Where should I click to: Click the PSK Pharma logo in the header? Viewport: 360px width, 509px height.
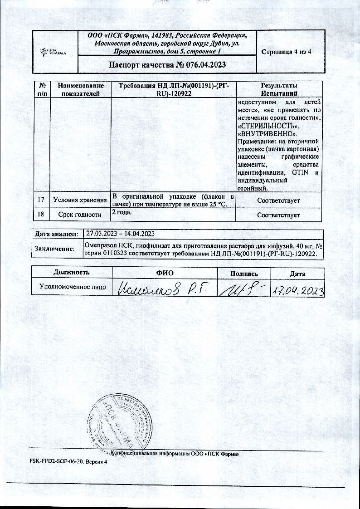point(54,52)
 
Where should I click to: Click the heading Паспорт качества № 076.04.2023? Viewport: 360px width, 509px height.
point(167,64)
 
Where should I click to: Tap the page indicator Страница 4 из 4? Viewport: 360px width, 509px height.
point(286,51)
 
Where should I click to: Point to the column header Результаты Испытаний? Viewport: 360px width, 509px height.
point(279,89)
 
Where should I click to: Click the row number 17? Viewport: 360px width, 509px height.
point(42,200)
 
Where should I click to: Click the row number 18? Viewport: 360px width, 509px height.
point(42,215)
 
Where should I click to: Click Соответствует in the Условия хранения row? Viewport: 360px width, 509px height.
point(278,200)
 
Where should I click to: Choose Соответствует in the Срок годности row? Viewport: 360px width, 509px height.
point(278,215)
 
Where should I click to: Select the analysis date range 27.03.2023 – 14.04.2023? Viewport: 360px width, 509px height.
point(121,234)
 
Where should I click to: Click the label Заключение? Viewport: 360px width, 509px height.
point(55,248)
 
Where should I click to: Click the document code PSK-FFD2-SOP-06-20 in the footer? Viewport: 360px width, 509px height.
point(61,461)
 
